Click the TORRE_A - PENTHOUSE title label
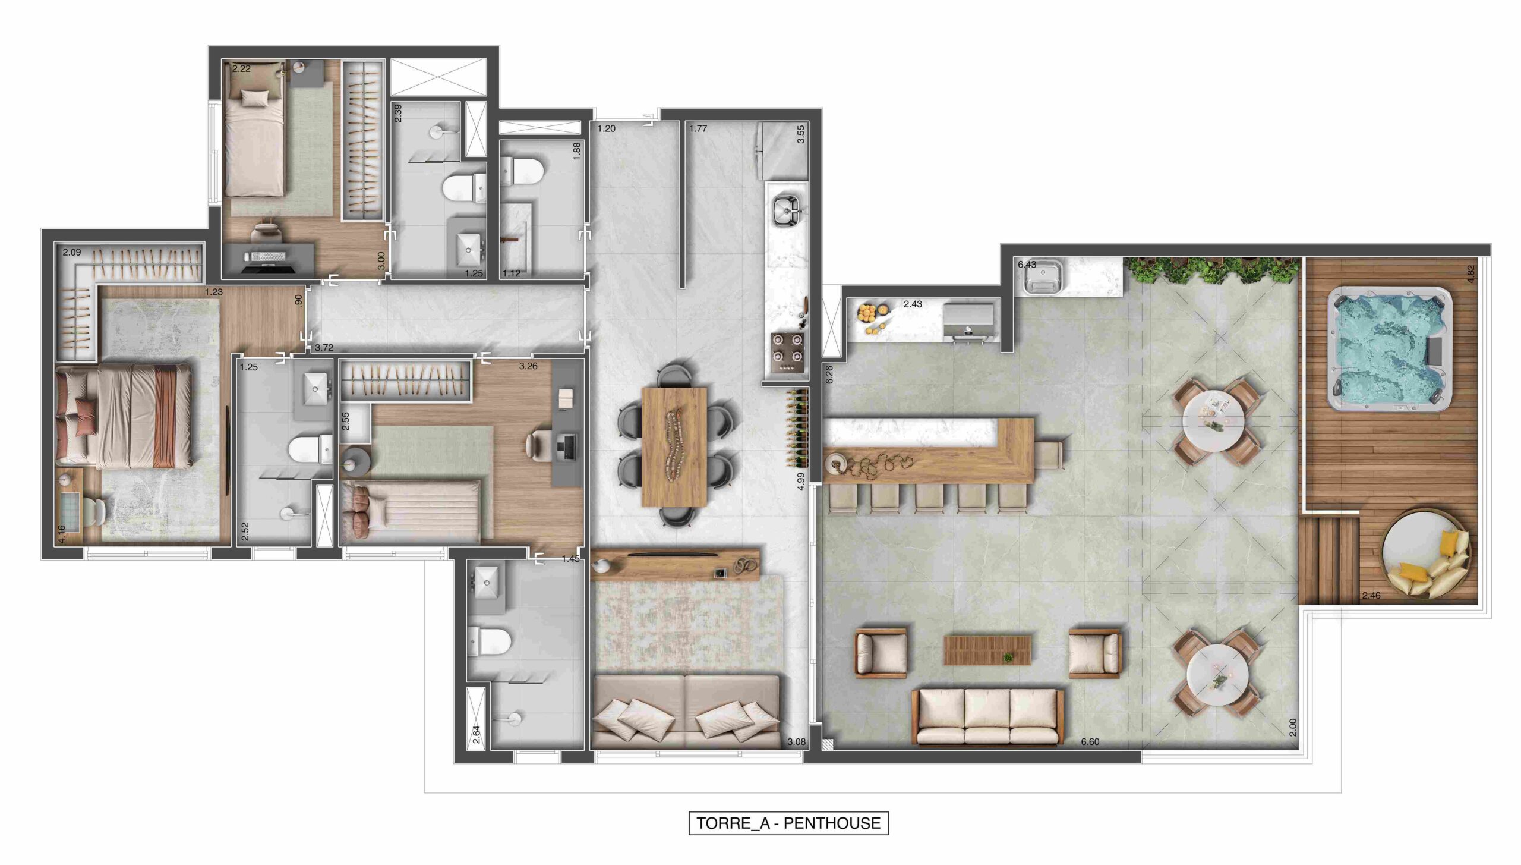coord(788,823)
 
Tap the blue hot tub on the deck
coord(1390,349)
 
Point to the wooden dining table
coord(674,455)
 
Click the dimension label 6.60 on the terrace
coord(1090,741)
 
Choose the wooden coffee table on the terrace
coord(987,650)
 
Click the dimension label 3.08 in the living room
coord(796,741)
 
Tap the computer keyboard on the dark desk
coord(268,257)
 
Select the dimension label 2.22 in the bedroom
coord(241,68)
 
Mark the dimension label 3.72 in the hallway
coord(324,348)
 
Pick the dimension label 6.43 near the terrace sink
coord(1027,265)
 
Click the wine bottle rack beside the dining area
coord(797,428)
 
